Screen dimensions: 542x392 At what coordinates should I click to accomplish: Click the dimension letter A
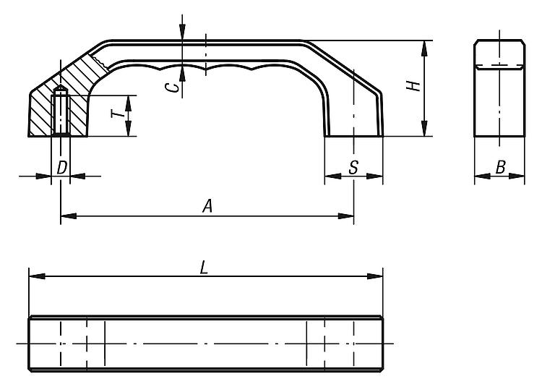[207, 206]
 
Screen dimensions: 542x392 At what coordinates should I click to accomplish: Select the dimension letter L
[205, 268]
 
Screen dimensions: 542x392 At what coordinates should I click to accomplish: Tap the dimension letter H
[413, 86]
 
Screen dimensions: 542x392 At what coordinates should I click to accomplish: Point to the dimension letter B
[501, 167]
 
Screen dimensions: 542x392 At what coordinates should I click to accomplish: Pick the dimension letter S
[353, 168]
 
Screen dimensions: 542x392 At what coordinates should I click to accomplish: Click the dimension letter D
[61, 168]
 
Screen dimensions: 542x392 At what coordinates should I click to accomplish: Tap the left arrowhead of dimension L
[37, 276]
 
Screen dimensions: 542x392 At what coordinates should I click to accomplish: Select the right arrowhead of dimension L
[375, 276]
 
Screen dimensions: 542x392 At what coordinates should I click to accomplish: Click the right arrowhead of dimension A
[345, 216]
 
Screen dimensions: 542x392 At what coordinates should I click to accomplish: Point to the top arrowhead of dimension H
[425, 48]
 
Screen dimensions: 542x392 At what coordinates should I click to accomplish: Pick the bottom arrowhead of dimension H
[425, 128]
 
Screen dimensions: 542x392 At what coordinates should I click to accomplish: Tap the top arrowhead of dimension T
[129, 103]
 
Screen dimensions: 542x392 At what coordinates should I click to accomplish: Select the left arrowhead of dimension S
[333, 176]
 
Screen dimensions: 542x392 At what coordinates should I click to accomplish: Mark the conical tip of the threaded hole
[61, 88]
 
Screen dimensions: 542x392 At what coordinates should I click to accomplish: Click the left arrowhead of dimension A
[69, 216]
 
